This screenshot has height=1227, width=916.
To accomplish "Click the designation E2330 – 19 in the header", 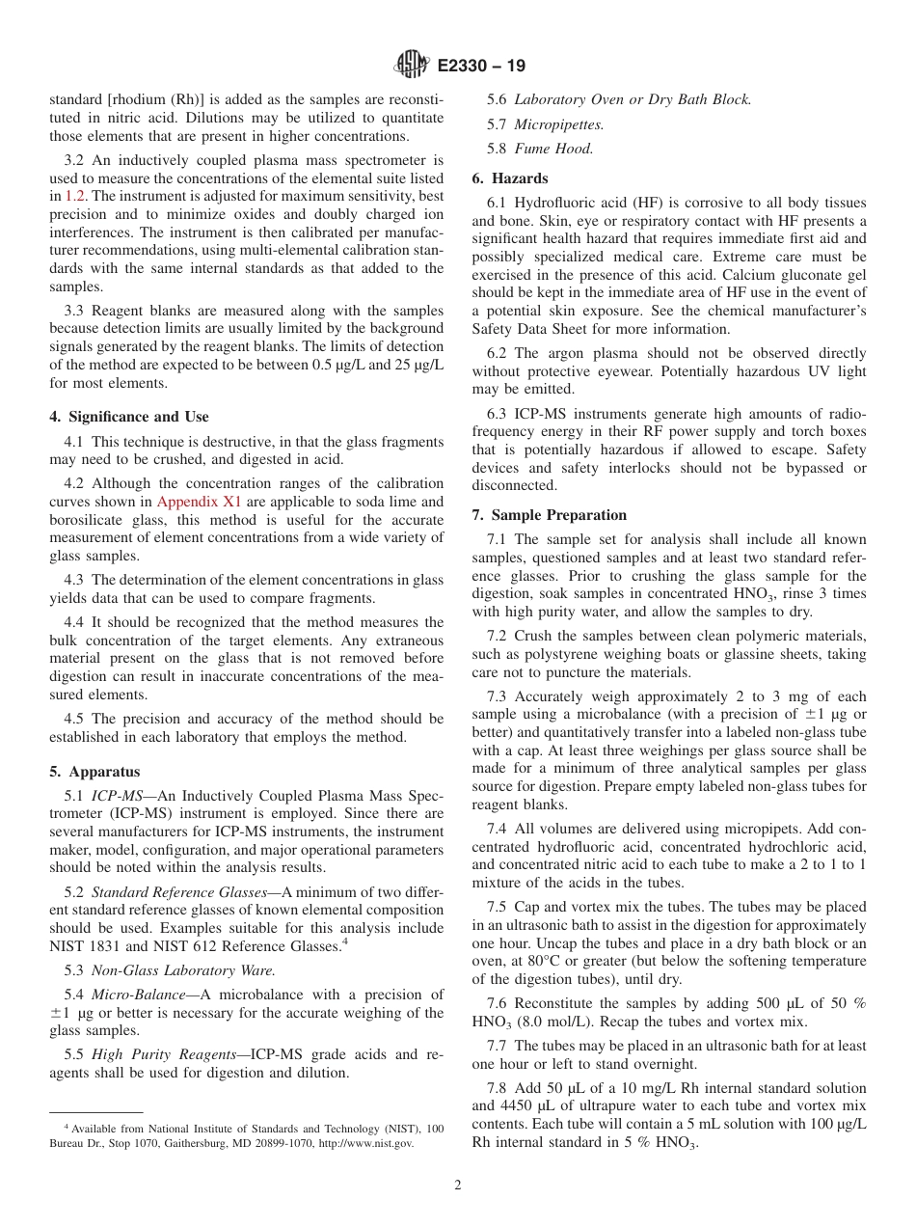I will (482, 66).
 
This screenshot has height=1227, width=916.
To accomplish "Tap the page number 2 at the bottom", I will (458, 1186).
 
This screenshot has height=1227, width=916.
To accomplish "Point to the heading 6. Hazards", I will (510, 178).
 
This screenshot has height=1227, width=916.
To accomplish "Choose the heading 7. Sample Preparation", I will (550, 515).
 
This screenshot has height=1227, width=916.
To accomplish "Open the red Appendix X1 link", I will (199, 502).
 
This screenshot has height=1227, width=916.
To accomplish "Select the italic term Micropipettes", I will (559, 124).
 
